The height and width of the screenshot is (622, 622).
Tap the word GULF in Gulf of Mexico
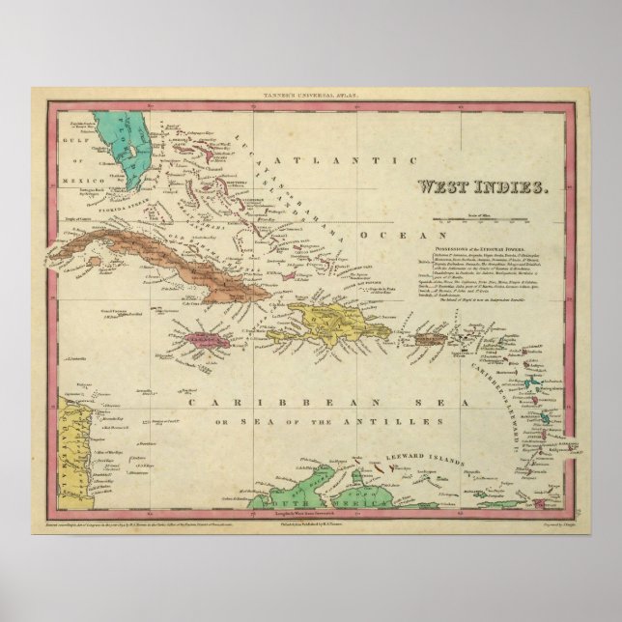(74, 169)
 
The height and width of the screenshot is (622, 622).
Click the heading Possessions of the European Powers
(488, 247)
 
